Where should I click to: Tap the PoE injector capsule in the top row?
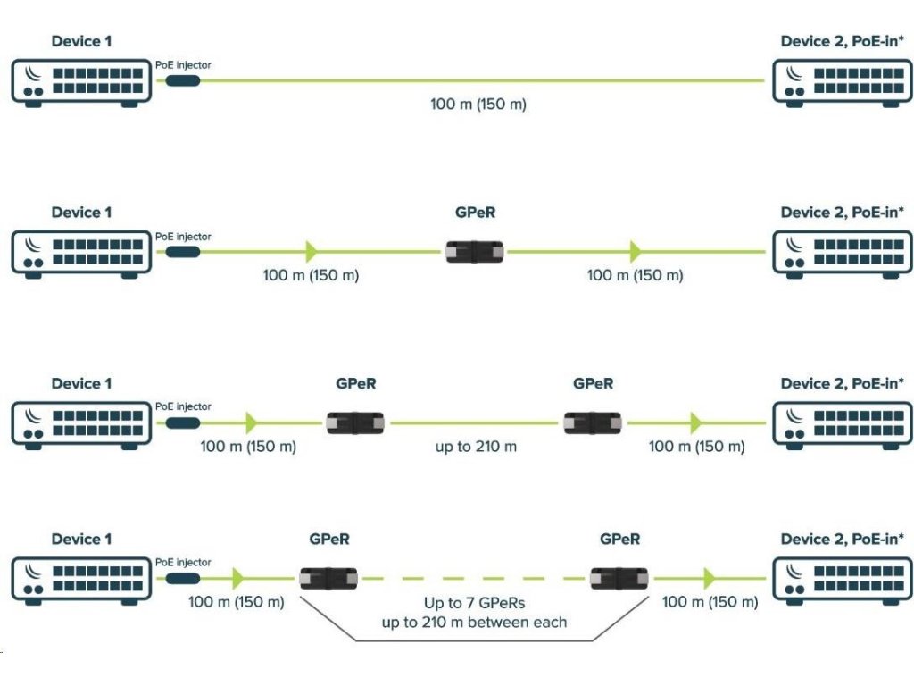coord(182,80)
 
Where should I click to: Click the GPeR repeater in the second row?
coord(475,251)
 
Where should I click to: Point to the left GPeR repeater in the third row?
coord(355,422)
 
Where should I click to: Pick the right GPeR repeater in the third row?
coord(594,422)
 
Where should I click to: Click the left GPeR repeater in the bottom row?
coord(328,579)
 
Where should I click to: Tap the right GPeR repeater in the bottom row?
coord(619,579)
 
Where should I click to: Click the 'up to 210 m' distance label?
coord(476,447)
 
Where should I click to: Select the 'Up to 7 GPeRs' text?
coord(474,604)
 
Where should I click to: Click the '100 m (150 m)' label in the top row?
coord(478,105)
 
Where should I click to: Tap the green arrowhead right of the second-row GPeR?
coord(635,251)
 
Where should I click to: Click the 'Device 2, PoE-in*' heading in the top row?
coord(842,41)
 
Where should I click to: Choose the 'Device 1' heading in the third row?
coord(81,383)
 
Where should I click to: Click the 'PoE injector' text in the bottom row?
coord(183,563)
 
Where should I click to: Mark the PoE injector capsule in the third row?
coord(182,422)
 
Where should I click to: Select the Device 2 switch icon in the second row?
coord(843,253)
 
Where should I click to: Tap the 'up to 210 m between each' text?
coord(474,622)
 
